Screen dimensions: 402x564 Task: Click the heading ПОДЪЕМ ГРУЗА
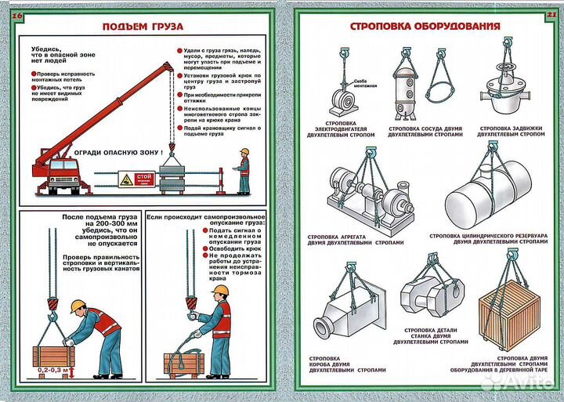pyautogui.click(x=143, y=27)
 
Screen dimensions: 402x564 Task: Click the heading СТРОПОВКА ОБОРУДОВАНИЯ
pyautogui.click(x=425, y=27)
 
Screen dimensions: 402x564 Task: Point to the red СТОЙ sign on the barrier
pyautogui.click(x=143, y=178)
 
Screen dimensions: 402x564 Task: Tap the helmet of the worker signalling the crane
pyautogui.click(x=244, y=151)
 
